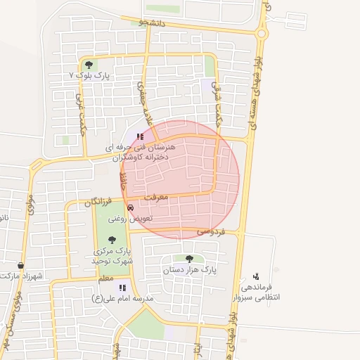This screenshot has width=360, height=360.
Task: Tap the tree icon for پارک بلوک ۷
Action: tap(87, 65)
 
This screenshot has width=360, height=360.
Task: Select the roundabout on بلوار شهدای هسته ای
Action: tap(262, 33)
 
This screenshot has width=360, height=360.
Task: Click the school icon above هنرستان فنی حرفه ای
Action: tap(141, 136)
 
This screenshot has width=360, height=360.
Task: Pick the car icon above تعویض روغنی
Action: tap(131, 207)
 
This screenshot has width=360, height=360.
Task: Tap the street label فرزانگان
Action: tap(98, 202)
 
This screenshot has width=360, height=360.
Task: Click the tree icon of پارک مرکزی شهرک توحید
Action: tap(112, 240)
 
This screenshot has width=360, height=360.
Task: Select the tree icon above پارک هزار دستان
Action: tap(188, 259)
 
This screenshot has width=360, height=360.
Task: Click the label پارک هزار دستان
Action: tap(188, 269)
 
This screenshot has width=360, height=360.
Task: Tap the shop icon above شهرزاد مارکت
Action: tap(20, 266)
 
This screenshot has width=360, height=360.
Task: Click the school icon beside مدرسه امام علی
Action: tap(122, 288)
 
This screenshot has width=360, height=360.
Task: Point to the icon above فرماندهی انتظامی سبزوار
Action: tap(256, 276)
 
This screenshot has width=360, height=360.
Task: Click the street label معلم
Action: tap(105, 279)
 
